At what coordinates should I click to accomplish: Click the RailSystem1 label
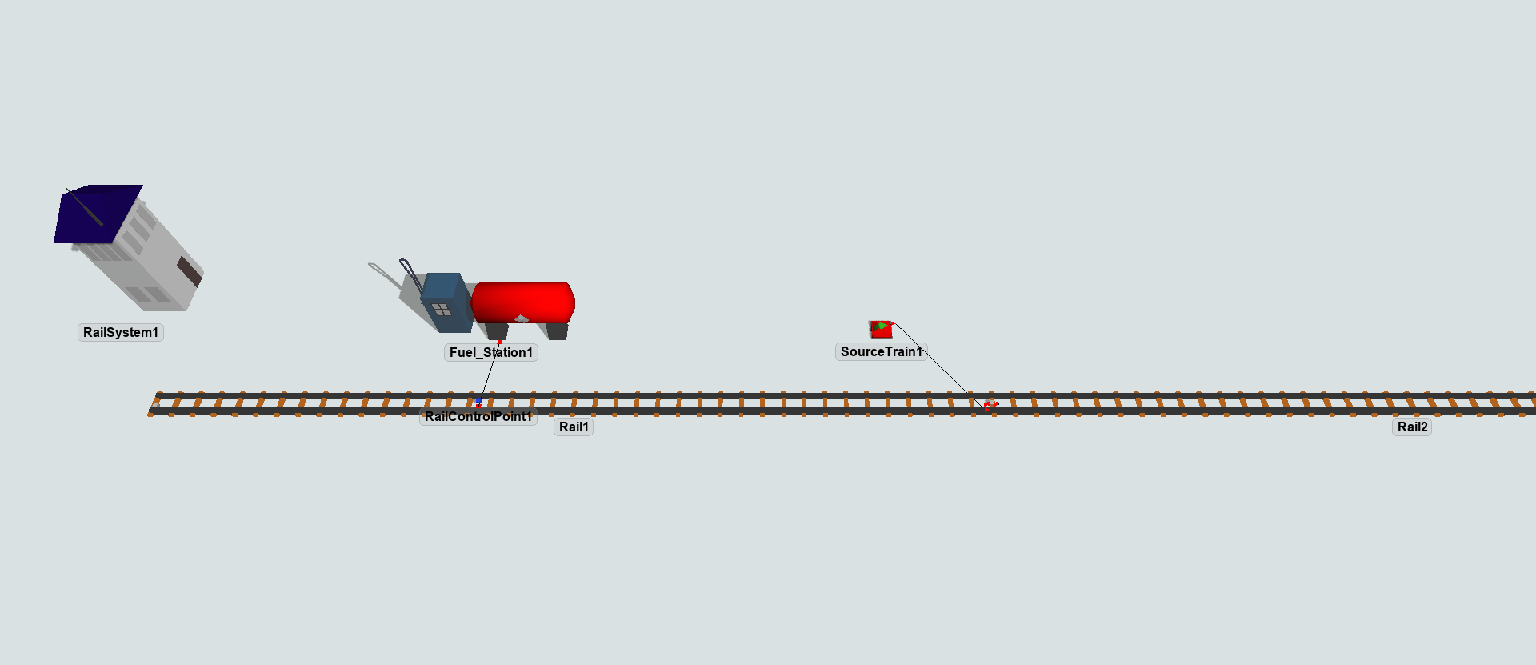pyautogui.click(x=121, y=333)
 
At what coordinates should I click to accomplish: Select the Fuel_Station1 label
pyautogui.click(x=490, y=353)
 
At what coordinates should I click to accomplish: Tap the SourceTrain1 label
pyautogui.click(x=881, y=352)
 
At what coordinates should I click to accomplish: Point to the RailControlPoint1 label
pyautogui.click(x=478, y=417)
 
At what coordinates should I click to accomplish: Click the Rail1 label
pyautogui.click(x=574, y=427)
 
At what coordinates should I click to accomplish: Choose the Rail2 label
pyautogui.click(x=1412, y=427)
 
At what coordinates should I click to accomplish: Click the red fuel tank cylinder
pyautogui.click(x=524, y=302)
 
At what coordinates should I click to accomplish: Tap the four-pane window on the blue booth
pyautogui.click(x=441, y=309)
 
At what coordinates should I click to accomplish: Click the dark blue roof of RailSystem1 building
pyautogui.click(x=98, y=214)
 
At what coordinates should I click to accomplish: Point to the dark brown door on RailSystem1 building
pyautogui.click(x=189, y=271)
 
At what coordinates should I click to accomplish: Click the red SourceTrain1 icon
pyautogui.click(x=881, y=330)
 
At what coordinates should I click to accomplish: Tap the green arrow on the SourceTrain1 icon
pyautogui.click(x=881, y=326)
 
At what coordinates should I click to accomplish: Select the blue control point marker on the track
pyautogui.click(x=478, y=400)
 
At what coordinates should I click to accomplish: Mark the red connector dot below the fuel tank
pyautogui.click(x=500, y=343)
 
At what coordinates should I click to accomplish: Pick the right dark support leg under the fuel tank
pyautogui.click(x=558, y=330)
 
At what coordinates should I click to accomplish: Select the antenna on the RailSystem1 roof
pyautogui.click(x=84, y=207)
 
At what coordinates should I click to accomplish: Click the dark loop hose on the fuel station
pyautogui.click(x=410, y=272)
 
